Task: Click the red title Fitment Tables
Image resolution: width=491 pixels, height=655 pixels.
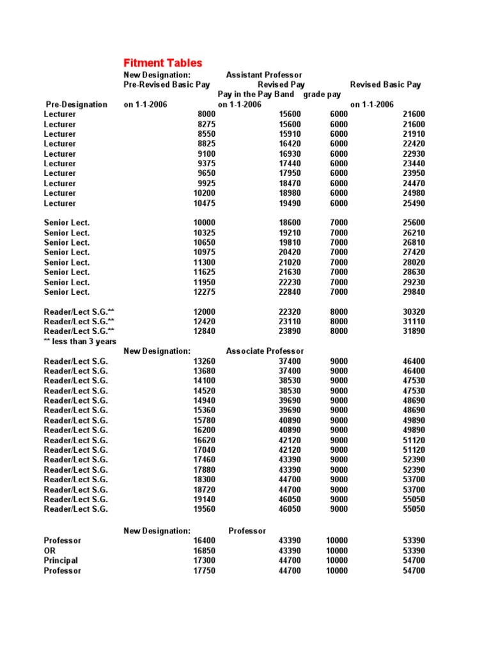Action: pyautogui.click(x=162, y=63)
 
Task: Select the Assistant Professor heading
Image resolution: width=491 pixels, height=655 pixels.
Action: pyautogui.click(x=263, y=75)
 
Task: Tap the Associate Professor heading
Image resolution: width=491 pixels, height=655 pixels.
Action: pyautogui.click(x=265, y=351)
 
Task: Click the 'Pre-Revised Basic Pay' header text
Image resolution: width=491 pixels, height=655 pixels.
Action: pyautogui.click(x=167, y=84)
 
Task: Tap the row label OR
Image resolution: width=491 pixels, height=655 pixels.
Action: pyautogui.click(x=50, y=551)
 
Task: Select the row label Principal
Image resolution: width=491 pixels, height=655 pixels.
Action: pyautogui.click(x=61, y=561)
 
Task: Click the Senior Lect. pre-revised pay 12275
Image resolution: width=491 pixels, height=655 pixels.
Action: pyautogui.click(x=204, y=292)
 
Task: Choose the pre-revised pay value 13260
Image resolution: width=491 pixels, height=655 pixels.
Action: pyautogui.click(x=204, y=361)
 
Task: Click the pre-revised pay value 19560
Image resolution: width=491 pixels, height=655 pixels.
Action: pyautogui.click(x=204, y=509)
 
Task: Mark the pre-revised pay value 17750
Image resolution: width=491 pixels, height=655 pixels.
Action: pyautogui.click(x=204, y=571)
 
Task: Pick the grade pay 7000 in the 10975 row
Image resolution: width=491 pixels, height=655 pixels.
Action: pyautogui.click(x=339, y=253)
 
